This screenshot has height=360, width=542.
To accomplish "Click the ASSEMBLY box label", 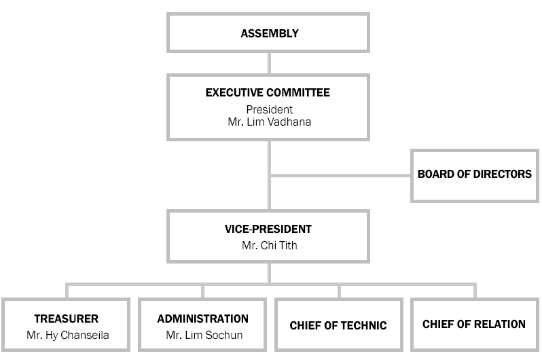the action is click(270, 33).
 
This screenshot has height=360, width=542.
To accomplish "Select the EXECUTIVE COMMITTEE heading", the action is click(268, 92).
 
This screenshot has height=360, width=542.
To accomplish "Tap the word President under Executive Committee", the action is click(269, 109).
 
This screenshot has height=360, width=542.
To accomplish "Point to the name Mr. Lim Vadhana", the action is click(269, 122).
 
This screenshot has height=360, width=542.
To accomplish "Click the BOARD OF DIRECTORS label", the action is click(475, 174).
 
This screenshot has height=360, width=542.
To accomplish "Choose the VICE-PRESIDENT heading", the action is click(268, 230).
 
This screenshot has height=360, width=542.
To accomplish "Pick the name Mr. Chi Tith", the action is click(269, 245).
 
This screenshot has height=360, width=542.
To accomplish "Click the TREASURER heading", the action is click(67, 319).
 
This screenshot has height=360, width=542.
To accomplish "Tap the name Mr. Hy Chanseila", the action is click(68, 335).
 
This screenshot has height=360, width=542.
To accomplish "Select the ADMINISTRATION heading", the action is click(203, 319).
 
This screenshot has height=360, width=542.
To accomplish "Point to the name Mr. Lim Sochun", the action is click(204, 335).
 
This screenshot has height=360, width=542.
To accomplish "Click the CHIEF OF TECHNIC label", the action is click(338, 325).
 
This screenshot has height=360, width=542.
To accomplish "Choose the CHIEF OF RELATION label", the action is click(474, 325).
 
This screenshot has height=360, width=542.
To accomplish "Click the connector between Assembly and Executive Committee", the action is click(269, 63).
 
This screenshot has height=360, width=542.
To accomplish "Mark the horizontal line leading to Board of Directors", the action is click(340, 176).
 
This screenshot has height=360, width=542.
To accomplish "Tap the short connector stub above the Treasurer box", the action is click(67, 291).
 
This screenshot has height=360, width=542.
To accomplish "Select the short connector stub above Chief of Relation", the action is click(475, 291).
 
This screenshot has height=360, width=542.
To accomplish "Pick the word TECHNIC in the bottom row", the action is click(364, 325).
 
